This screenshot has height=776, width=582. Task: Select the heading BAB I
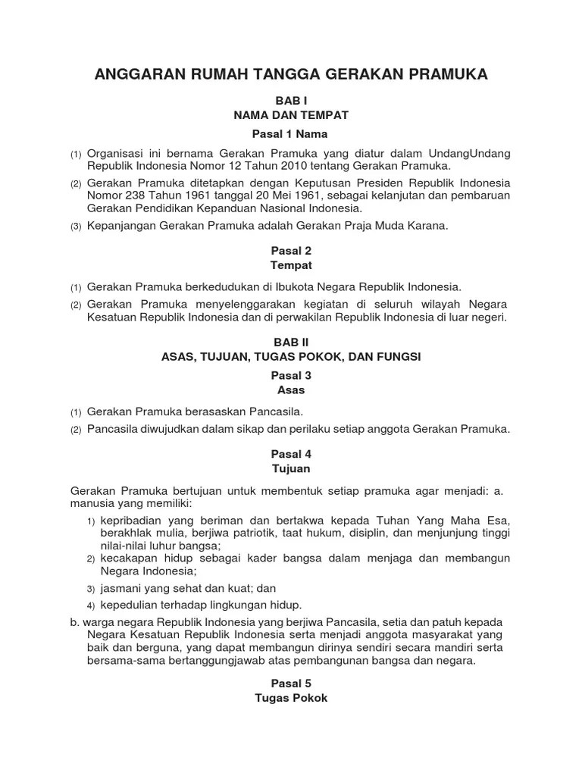(x=291, y=100)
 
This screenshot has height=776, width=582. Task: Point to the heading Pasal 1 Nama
(x=291, y=133)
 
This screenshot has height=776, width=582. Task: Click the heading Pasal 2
(x=291, y=251)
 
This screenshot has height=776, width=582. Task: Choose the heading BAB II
(x=291, y=342)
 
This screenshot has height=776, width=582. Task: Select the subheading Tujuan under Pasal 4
(x=291, y=469)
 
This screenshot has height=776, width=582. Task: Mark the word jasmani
(x=120, y=588)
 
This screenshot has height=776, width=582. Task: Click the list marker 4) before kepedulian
(x=90, y=605)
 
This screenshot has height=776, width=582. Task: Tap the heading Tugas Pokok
(x=291, y=698)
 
